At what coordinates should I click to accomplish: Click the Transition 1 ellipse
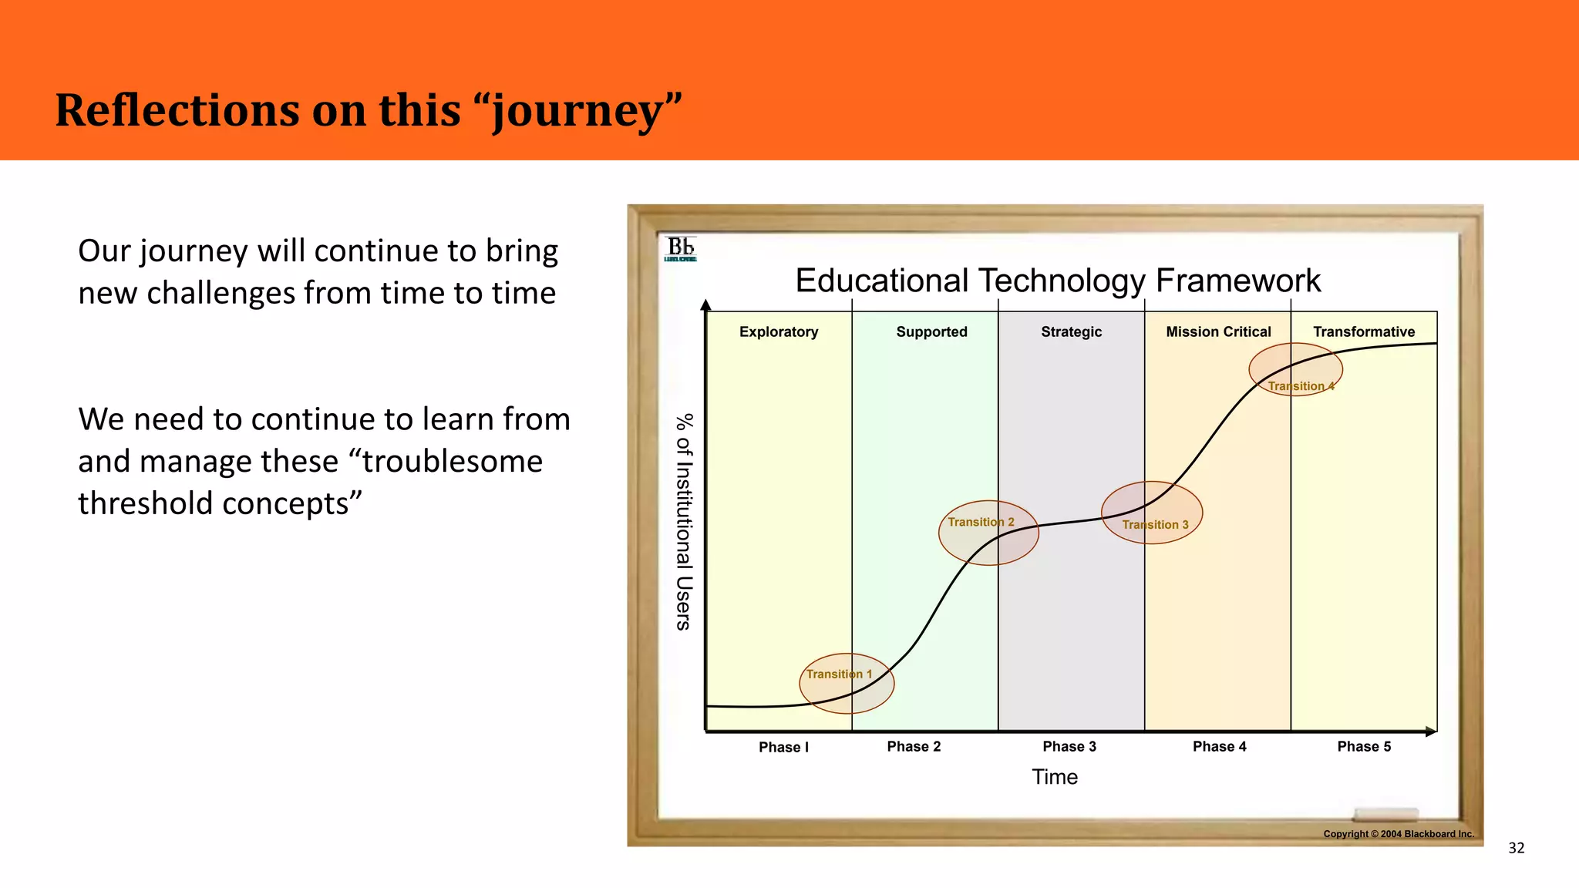point(847,684)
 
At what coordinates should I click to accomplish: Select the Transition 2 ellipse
point(988,533)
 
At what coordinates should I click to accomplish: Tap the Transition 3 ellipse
point(1152,513)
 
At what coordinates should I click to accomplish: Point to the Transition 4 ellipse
point(1295,370)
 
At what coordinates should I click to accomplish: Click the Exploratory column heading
point(779,332)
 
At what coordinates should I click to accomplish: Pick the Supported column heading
point(931,332)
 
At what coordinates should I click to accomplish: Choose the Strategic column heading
point(1071,332)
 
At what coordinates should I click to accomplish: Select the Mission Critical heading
point(1218,332)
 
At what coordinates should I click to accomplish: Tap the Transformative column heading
point(1364,332)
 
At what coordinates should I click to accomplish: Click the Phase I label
point(783,747)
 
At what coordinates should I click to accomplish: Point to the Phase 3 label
point(1069,746)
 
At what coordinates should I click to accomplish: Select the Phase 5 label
point(1364,746)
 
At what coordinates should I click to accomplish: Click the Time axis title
point(1055,777)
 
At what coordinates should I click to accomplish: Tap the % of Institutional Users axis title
point(684,522)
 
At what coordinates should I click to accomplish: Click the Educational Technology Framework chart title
point(1058,281)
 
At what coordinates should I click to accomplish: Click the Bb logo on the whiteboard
point(680,249)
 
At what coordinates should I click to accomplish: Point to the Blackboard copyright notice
point(1398,834)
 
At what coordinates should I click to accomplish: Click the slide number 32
point(1516,848)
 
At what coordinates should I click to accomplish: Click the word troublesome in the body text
point(453,461)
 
